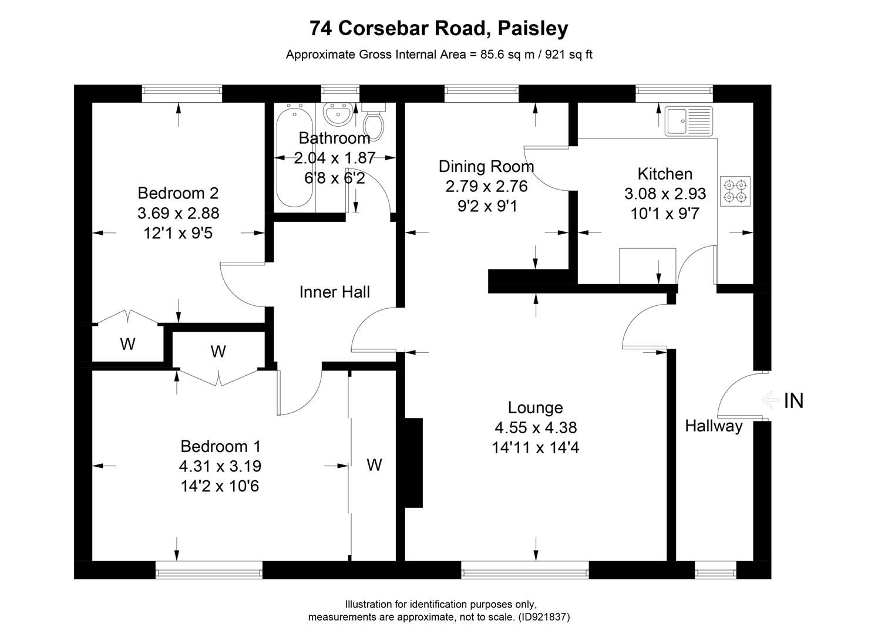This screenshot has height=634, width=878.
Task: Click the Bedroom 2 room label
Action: click(178, 193)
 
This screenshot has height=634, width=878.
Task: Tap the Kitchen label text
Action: click(665, 174)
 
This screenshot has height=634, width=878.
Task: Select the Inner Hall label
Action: click(334, 292)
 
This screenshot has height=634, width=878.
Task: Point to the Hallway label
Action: click(714, 426)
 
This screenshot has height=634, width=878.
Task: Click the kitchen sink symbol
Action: click(688, 121)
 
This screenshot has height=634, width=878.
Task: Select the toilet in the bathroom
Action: click(372, 120)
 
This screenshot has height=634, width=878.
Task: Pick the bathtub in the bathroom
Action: click(293, 156)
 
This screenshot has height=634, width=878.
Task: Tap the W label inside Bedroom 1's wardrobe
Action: click(374, 465)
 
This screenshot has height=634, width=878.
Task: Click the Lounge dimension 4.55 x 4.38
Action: click(535, 427)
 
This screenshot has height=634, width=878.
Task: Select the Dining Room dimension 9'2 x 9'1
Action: click(486, 206)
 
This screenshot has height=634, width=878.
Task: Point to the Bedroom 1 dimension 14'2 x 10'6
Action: click(220, 486)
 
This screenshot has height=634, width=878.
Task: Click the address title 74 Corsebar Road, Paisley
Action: click(439, 28)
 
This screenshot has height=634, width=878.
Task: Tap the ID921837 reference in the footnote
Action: click(544, 617)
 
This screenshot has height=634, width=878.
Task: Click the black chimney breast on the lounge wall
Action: click(413, 463)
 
